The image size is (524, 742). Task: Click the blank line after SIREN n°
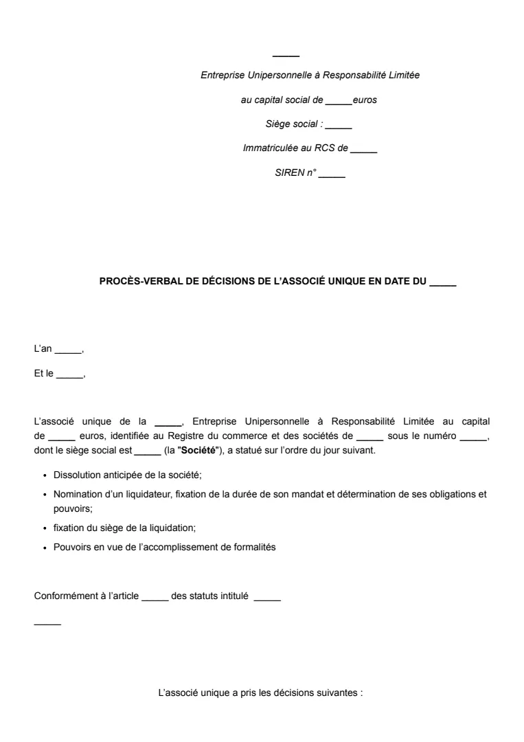point(332,173)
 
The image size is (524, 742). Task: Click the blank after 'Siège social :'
point(339,124)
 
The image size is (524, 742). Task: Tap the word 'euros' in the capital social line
point(365,100)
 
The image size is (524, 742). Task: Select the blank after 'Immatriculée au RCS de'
point(364,148)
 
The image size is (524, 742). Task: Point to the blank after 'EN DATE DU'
point(442,281)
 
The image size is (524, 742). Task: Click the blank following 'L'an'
point(68,350)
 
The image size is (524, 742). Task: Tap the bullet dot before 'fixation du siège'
point(45,528)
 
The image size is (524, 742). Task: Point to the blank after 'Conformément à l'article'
point(155,596)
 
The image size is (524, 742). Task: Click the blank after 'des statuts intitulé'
point(267,596)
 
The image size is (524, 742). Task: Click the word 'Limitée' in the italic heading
point(405,75)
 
